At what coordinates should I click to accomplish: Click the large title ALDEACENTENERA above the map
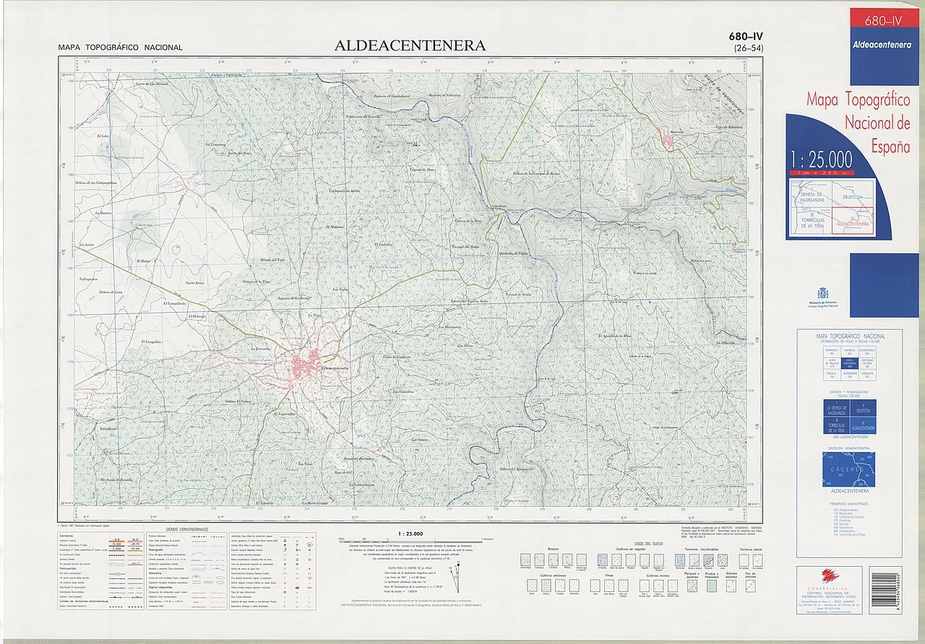coord(410,45)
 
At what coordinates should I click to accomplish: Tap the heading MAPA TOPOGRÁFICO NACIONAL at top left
coord(121,48)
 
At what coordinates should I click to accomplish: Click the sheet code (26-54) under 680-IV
coord(748,48)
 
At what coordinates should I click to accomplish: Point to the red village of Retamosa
coord(667,140)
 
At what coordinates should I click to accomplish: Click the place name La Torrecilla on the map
coord(259,348)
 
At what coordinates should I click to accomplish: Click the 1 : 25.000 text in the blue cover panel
coord(821,160)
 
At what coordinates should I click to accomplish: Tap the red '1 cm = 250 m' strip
coord(821,173)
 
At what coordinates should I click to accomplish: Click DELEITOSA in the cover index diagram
coord(853,196)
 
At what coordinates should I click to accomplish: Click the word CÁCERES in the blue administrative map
coord(848,469)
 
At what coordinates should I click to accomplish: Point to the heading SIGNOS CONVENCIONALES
coord(186,529)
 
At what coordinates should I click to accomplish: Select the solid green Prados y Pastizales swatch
coord(712,587)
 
